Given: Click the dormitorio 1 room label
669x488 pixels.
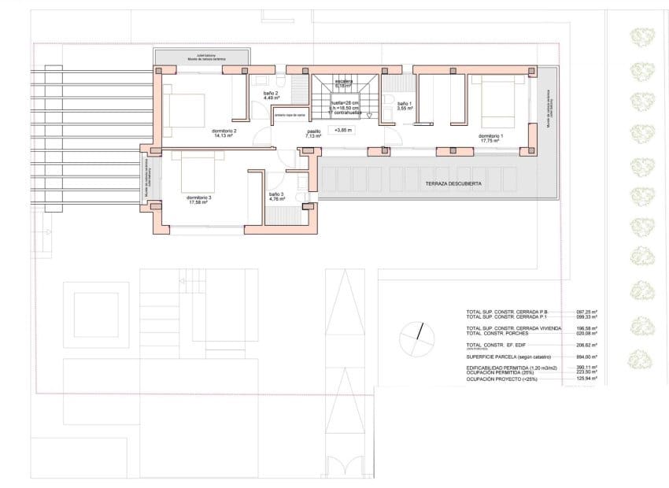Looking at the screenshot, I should (x=490, y=135).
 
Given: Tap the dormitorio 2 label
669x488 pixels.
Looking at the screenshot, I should (x=224, y=131).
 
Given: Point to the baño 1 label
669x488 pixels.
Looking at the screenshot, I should (x=404, y=105).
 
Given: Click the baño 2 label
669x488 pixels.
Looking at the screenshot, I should (x=271, y=95).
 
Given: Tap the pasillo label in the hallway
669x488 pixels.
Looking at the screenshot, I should (x=314, y=133).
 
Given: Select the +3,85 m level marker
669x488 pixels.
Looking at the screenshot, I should (x=342, y=130).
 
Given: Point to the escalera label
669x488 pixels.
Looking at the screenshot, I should (x=344, y=82).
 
